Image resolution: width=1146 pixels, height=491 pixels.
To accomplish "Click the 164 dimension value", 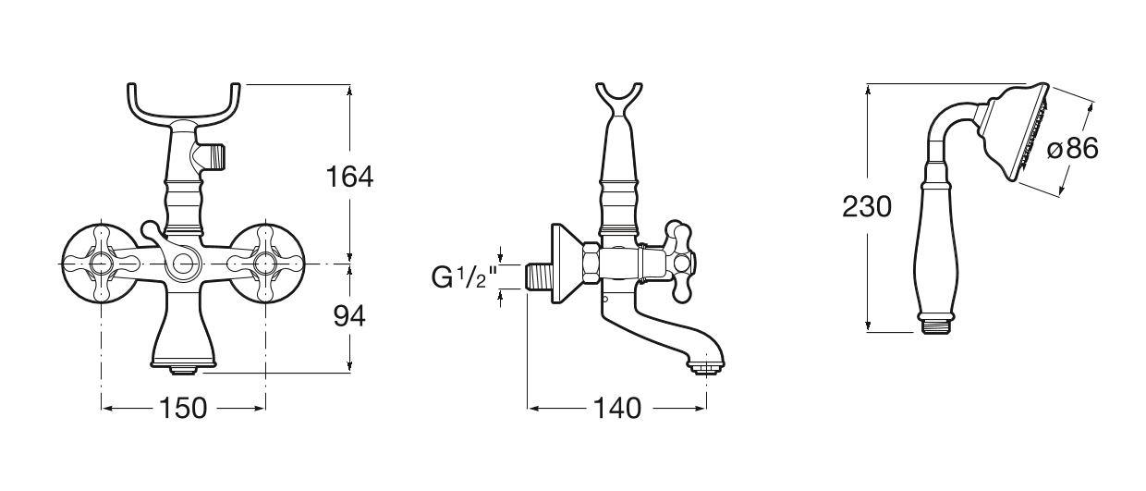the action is [350, 178].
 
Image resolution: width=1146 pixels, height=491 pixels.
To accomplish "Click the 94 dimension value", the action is [349, 316].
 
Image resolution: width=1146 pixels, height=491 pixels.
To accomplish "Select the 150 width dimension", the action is [183, 409].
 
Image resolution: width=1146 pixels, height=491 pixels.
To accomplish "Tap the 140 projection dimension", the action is [617, 409].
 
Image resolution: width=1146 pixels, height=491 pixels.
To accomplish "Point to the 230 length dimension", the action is [867, 207].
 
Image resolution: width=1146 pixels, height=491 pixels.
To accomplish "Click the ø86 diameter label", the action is [1073, 149].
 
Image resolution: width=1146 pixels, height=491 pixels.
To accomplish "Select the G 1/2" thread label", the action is [465, 278].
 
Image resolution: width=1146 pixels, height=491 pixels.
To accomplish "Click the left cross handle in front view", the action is [101, 264].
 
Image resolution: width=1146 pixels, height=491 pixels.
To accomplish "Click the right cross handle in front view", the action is [265, 264].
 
